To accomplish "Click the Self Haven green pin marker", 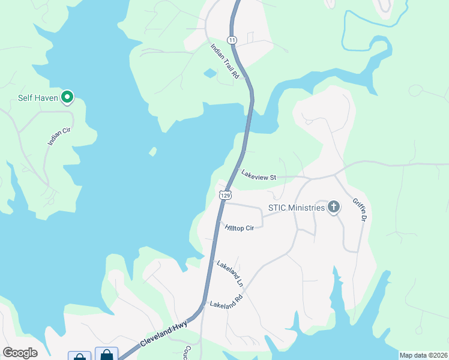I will tap(68, 97).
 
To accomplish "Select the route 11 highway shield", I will tap(232, 40).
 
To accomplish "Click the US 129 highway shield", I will tap(225, 195).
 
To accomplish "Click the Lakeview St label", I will tap(258, 175).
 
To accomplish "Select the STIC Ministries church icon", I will tap(334, 208).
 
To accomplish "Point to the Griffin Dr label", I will tap(360, 210).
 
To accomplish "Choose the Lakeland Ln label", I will tap(231, 273).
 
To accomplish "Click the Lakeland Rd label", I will tap(226, 301).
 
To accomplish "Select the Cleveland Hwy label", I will tap(164, 334).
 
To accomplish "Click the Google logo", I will tap(20, 353).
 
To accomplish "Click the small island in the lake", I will tap(152, 151).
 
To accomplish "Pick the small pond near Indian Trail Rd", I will tap(210, 74).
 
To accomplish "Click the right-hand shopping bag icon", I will tap(106, 354).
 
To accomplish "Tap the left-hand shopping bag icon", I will tap(79, 356).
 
